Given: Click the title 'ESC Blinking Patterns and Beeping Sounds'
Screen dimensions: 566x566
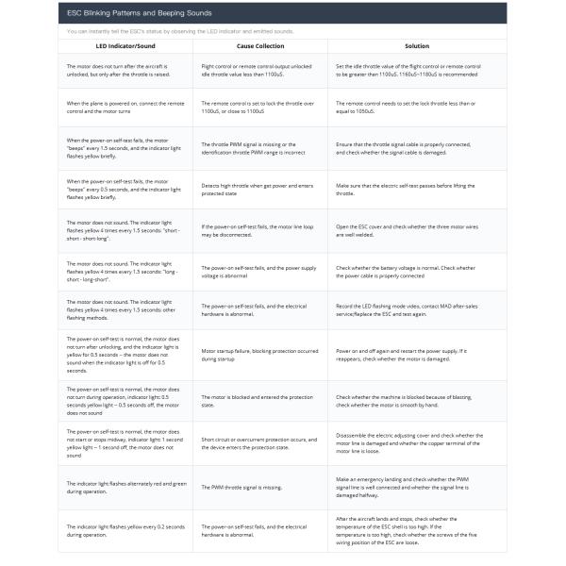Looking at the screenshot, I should [139, 13].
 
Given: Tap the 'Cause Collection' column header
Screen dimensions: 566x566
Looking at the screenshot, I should [259, 45].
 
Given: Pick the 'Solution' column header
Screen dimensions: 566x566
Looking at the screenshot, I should [416, 45].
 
